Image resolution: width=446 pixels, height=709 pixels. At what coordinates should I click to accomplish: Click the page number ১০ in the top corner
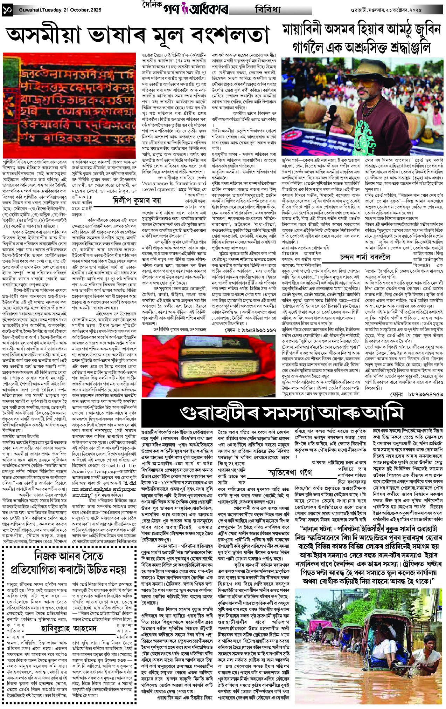[x=7, y=10]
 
